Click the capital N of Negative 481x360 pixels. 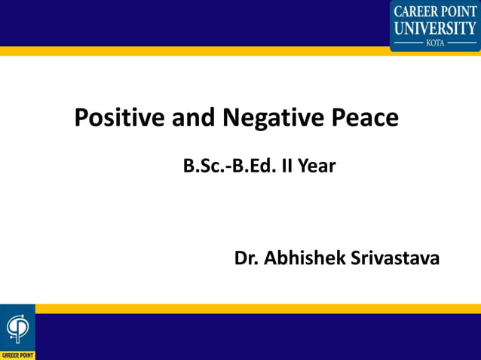(230, 118)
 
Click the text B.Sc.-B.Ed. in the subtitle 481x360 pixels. (230, 166)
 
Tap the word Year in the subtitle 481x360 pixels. (317, 166)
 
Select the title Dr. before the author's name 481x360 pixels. (247, 258)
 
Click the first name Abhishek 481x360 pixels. (305, 258)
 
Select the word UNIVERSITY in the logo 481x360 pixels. (435, 28)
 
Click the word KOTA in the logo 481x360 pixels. (435, 43)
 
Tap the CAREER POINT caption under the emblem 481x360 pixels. (17, 355)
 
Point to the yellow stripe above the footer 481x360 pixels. (256, 308)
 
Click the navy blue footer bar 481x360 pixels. (256, 337)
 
